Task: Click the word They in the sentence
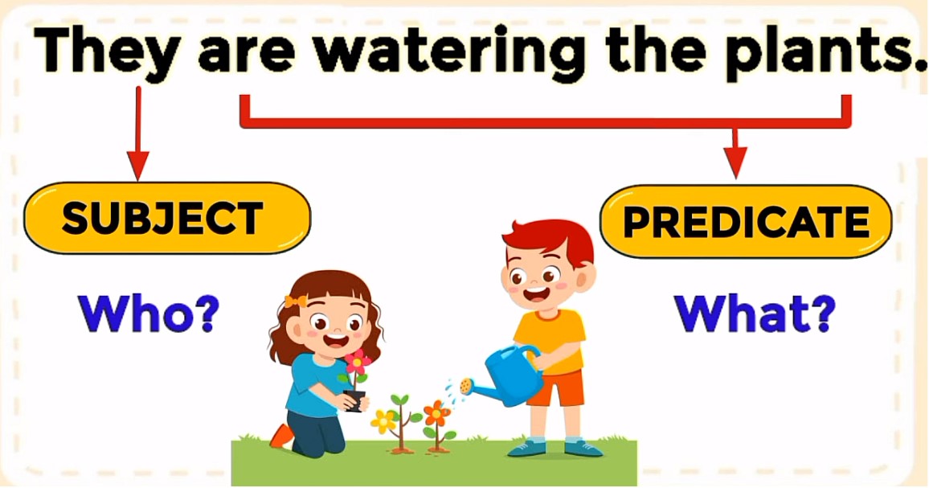point(107,52)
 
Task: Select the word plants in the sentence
point(823,53)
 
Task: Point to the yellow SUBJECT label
point(166,218)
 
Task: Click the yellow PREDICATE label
point(746,221)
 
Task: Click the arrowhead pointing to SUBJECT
point(138,166)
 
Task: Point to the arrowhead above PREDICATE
point(735,163)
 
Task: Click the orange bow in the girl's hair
point(295,301)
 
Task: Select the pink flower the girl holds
point(358,361)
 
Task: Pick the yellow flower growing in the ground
point(384,420)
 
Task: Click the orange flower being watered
point(436,412)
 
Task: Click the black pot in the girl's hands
point(354,400)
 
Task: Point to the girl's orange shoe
point(282,436)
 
